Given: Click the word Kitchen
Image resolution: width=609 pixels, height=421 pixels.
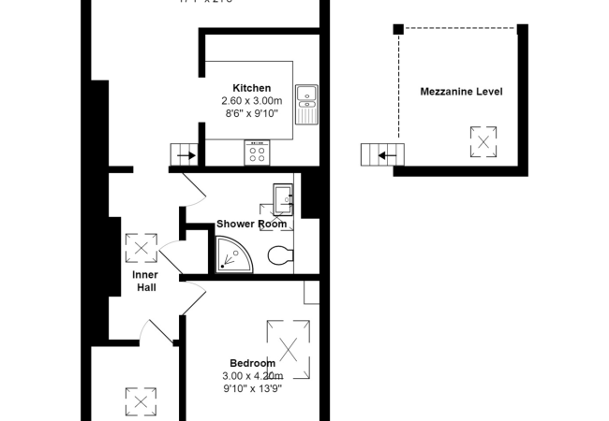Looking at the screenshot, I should point(251,88).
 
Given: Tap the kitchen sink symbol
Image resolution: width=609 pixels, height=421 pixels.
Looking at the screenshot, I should point(306,103).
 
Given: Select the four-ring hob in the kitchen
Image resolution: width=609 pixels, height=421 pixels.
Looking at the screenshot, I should point(258,153).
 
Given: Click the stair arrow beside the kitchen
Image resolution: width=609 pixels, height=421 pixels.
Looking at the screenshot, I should point(184,155).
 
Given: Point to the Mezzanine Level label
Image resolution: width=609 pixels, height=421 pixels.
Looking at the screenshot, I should point(461,92).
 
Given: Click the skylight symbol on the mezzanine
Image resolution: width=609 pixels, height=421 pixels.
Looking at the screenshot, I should point(483,142).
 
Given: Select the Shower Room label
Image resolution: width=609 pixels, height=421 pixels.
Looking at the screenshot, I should point(251,224).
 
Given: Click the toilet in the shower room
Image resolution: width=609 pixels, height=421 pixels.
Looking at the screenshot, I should point(280,254).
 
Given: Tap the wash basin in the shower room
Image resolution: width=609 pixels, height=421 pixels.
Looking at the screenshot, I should point(283,196).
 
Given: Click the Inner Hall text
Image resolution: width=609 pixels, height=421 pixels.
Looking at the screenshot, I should point(144,281).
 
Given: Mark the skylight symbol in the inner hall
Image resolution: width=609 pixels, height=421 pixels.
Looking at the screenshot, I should point(141,248).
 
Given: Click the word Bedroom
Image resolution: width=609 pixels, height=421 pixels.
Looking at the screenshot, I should point(252,363).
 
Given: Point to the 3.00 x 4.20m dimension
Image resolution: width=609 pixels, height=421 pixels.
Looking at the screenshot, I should point(252,375).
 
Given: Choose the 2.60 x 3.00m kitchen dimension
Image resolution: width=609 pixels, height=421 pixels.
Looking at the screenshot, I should point(251,100).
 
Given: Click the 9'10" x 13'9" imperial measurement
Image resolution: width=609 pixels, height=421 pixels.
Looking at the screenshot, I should point(252,387).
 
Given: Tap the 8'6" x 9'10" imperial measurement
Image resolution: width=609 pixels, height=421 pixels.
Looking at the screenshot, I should point(251,112).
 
